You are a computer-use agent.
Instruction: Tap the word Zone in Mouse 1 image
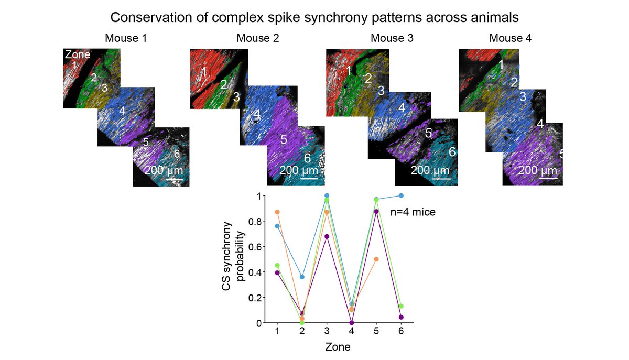[77, 54]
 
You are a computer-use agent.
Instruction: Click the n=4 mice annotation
[413, 212]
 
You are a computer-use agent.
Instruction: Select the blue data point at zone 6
[402, 195]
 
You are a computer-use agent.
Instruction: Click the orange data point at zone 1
[277, 212]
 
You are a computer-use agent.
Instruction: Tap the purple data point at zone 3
[327, 236]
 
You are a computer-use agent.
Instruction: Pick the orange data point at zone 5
[376, 259]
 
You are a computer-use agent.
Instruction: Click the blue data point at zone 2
[302, 277]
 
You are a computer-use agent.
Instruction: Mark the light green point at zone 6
[402, 306]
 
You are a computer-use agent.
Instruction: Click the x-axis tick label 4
[351, 332]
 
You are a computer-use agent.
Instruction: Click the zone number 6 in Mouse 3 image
[452, 151]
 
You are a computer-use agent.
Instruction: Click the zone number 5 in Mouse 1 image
[146, 141]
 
